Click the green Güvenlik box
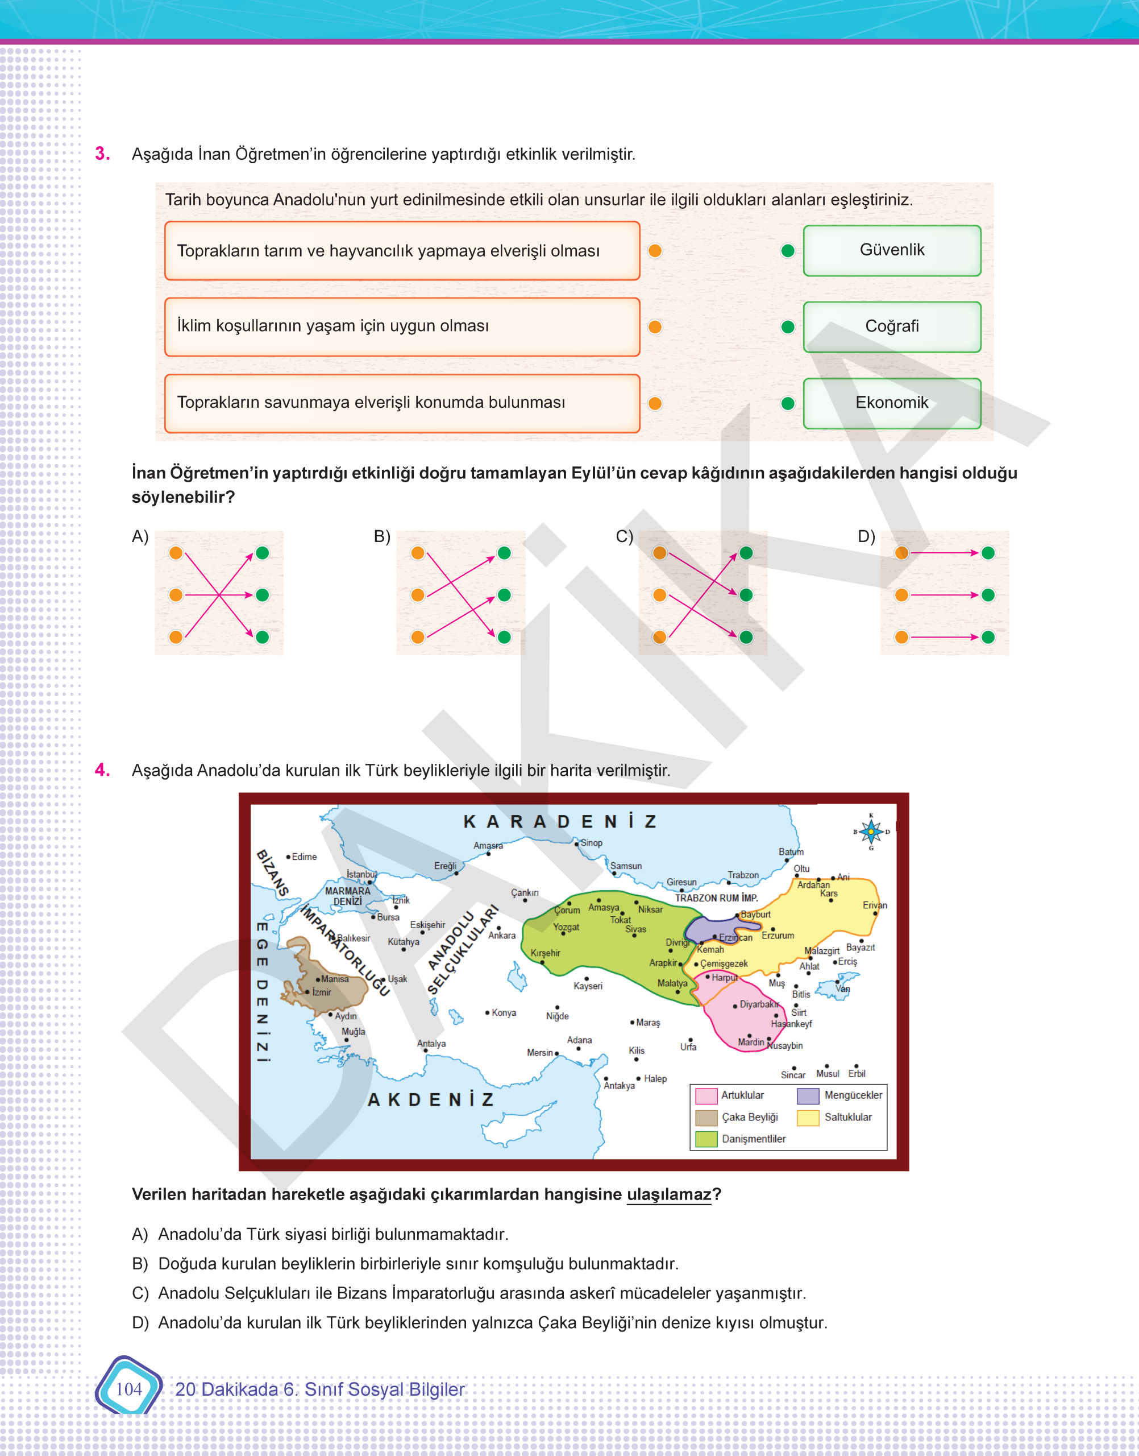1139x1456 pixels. (x=892, y=250)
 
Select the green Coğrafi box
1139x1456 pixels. (x=892, y=326)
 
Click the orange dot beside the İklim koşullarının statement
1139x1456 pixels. (x=655, y=327)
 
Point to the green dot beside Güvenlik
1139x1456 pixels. (x=788, y=251)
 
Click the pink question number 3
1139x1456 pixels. (x=102, y=154)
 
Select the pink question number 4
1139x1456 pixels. (x=102, y=770)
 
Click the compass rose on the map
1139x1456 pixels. (x=871, y=832)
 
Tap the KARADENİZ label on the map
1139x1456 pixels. (x=560, y=821)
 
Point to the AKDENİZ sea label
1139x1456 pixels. (x=431, y=1099)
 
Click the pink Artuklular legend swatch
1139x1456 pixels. (x=705, y=1095)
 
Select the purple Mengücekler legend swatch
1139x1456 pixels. (x=808, y=1095)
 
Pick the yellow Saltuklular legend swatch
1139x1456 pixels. (x=808, y=1118)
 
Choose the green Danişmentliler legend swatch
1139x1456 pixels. (x=705, y=1139)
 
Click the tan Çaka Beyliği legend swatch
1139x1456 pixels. (x=705, y=1118)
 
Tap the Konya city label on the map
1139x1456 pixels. (x=504, y=1013)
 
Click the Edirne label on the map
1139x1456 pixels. (x=304, y=857)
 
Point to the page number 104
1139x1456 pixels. (x=128, y=1389)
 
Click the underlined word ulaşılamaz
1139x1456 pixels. (x=669, y=1194)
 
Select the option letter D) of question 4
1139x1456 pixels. (x=140, y=1322)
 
